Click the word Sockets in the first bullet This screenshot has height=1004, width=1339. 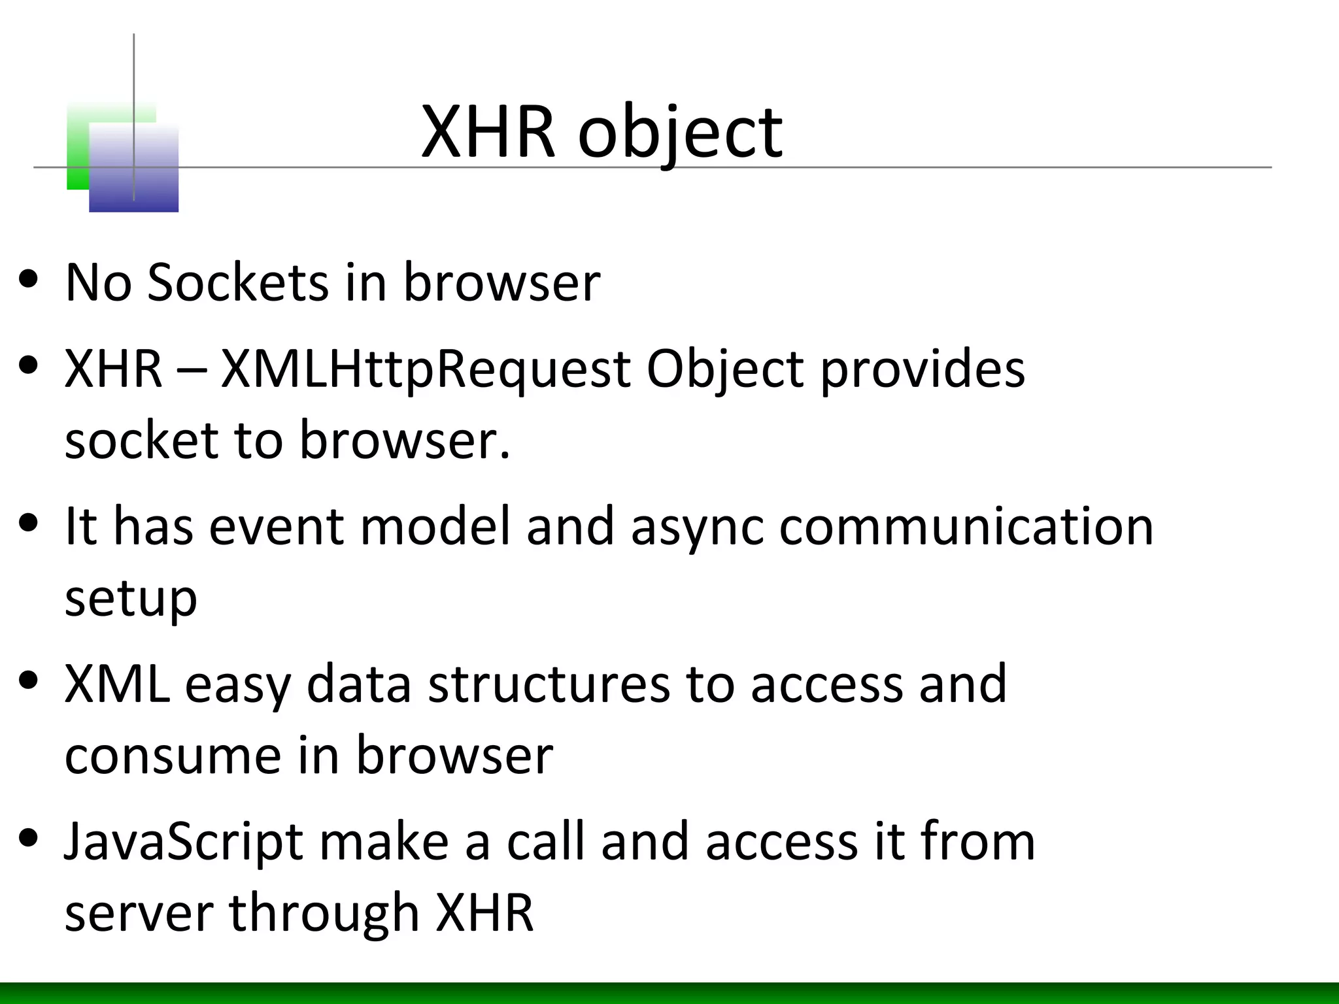[x=237, y=282]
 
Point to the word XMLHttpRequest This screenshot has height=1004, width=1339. [x=426, y=369]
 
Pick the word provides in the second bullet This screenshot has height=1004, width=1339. [x=923, y=369]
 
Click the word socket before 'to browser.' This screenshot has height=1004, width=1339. [x=141, y=441]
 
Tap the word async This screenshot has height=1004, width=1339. [x=697, y=527]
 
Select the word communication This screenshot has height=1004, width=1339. [x=966, y=527]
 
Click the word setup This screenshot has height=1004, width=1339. [x=131, y=599]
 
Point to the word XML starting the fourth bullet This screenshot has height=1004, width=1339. [x=116, y=684]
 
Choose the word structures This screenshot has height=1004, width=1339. [x=549, y=684]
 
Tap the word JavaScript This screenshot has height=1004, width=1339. [x=183, y=843]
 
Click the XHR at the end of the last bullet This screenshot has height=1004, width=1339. [x=484, y=912]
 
